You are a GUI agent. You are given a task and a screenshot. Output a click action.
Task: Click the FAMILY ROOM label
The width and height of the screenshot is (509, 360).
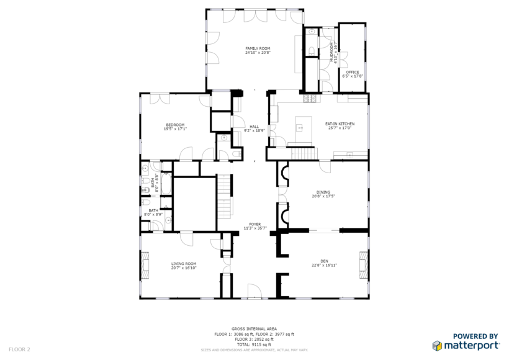(258, 48)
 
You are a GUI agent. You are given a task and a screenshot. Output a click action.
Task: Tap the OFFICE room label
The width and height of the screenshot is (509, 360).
(353, 72)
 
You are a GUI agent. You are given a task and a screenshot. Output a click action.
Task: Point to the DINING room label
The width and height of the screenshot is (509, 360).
(323, 192)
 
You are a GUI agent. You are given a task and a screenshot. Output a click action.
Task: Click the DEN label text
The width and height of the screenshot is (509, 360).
(324, 261)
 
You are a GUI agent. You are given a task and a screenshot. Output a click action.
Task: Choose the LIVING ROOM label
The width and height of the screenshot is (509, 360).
(184, 264)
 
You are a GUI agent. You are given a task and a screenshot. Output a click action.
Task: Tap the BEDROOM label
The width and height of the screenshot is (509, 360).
(175, 125)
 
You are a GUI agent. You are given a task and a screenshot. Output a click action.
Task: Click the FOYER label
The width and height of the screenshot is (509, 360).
(254, 224)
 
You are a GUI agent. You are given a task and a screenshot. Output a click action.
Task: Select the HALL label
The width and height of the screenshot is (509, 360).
(254, 127)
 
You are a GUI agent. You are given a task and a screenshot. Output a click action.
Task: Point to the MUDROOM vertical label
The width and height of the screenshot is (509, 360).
(331, 53)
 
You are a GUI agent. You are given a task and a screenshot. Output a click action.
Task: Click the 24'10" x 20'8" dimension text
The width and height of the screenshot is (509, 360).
(258, 53)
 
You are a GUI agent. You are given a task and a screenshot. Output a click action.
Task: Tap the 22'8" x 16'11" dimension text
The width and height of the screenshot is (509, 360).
(324, 265)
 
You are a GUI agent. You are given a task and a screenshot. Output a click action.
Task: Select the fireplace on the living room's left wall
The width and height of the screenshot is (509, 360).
(145, 264)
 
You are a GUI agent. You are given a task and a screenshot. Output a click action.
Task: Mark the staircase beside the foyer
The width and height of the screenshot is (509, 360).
(223, 194)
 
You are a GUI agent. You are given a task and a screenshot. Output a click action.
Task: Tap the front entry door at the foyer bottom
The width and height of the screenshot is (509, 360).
(254, 292)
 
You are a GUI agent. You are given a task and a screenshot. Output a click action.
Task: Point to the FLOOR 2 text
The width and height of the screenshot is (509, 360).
(19, 349)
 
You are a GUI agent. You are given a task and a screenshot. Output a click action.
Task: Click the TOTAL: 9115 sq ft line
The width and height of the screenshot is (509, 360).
(254, 344)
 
